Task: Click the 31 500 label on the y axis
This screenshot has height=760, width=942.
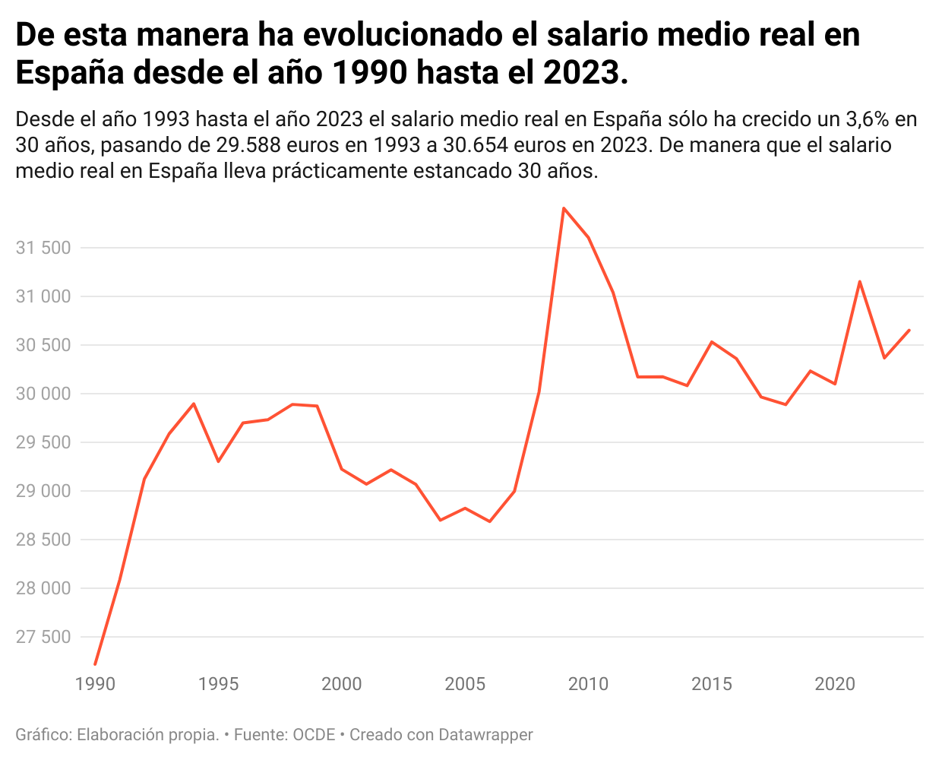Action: [43, 248]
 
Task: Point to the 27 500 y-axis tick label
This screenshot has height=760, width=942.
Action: [43, 637]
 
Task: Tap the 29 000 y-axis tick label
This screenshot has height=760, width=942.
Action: [43, 491]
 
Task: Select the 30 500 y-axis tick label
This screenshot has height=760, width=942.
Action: [43, 345]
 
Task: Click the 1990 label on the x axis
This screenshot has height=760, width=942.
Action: [95, 683]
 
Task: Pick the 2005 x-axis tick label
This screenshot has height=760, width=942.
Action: [465, 683]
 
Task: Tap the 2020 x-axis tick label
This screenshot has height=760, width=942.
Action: [835, 683]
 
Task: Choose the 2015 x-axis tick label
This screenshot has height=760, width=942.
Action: [712, 683]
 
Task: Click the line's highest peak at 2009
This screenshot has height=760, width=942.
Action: [564, 208]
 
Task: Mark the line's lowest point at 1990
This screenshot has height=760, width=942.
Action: [95, 664]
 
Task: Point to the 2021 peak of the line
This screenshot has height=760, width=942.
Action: [859, 282]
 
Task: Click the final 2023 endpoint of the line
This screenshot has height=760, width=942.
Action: [909, 330]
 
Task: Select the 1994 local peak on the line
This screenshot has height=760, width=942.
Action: [194, 404]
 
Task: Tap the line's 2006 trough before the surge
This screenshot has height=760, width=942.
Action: [490, 521]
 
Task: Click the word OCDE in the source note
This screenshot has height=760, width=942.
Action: [314, 735]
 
